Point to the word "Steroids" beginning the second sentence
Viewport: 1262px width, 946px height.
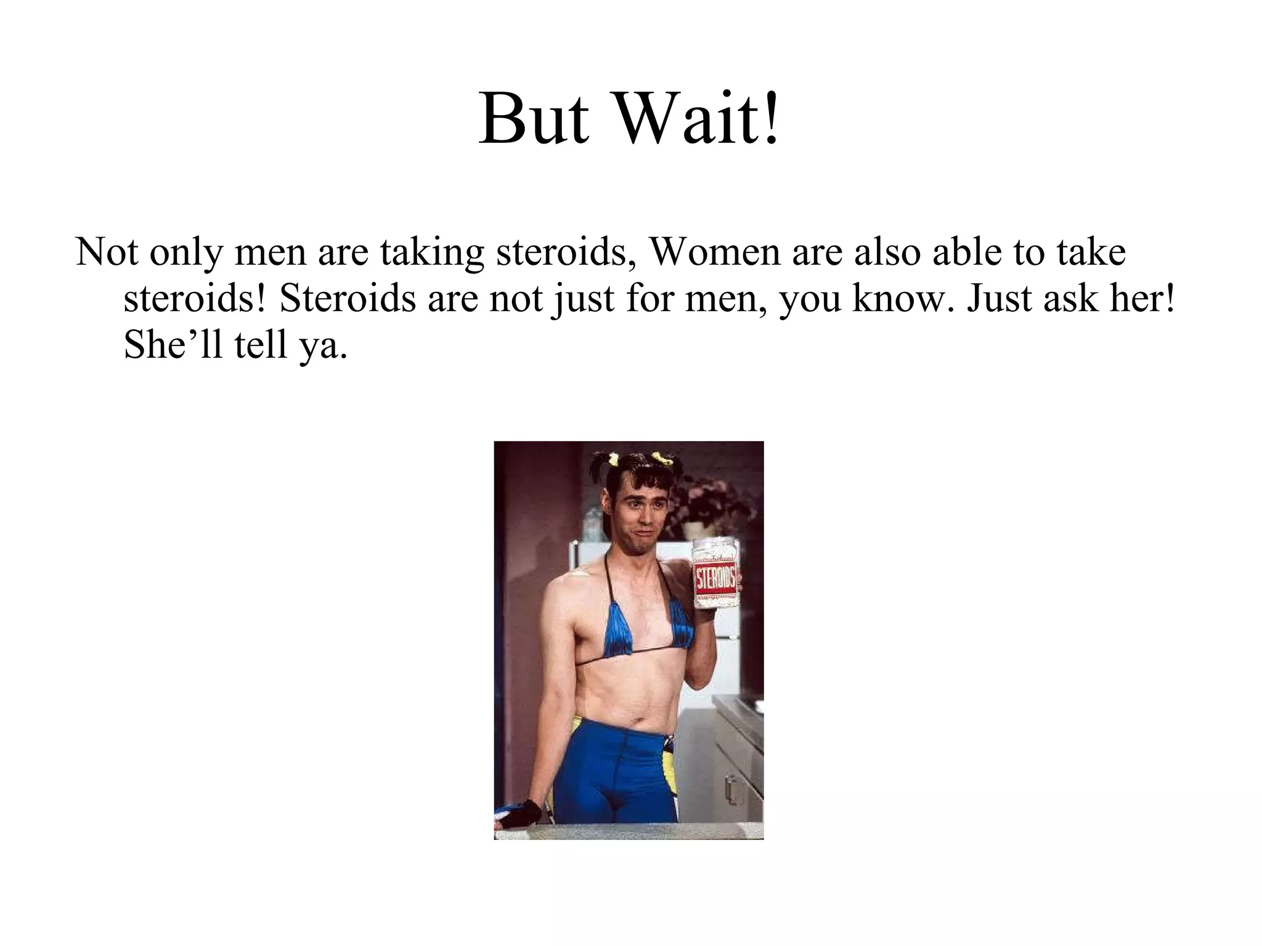pos(348,298)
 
